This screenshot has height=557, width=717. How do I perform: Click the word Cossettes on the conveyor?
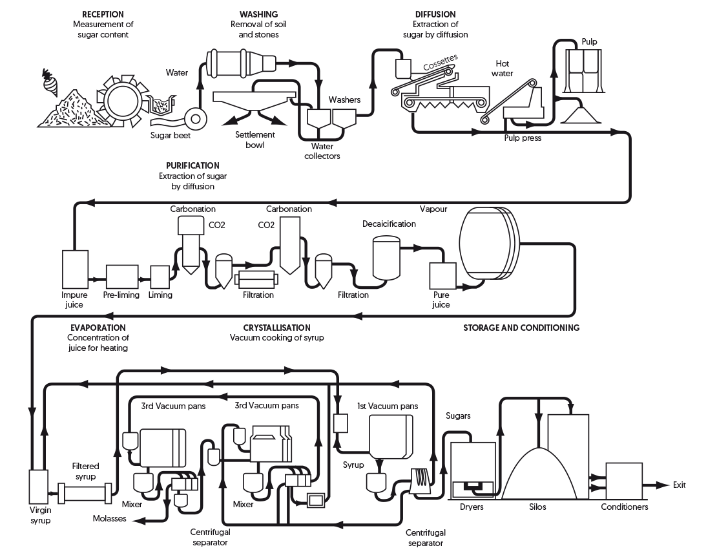click(440, 63)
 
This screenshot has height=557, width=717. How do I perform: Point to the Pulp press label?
click(523, 138)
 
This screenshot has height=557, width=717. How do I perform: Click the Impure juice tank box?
click(74, 269)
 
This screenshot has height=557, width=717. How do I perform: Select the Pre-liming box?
click(121, 276)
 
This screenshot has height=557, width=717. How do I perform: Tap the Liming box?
click(159, 277)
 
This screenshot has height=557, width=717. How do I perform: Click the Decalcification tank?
click(386, 258)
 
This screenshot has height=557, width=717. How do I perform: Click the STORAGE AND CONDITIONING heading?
click(521, 328)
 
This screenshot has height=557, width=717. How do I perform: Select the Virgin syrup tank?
click(38, 490)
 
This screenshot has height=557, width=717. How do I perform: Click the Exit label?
click(679, 485)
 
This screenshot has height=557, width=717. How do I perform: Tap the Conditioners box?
click(624, 481)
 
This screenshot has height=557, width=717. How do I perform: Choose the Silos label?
click(537, 507)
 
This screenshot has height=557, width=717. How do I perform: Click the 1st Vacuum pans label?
click(387, 406)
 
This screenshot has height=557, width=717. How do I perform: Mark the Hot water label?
click(504, 68)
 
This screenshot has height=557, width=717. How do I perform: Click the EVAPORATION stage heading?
click(98, 328)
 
